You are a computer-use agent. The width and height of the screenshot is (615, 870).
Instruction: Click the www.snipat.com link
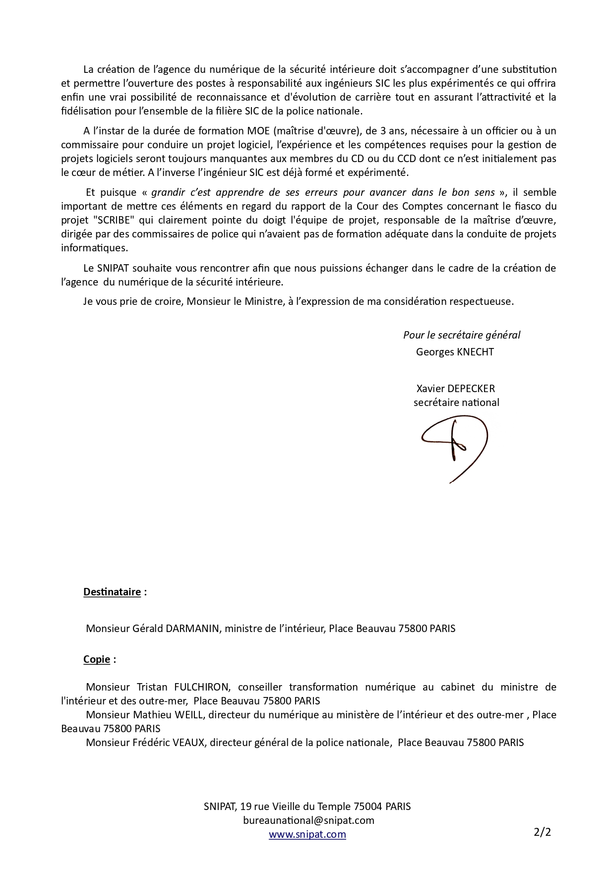(307, 834)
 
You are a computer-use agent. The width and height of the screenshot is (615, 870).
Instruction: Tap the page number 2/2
(542, 832)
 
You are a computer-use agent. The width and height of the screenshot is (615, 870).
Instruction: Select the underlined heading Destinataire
(112, 592)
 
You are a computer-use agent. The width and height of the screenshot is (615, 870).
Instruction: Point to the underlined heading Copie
(97, 659)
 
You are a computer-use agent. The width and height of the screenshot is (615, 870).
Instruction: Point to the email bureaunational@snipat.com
(308, 820)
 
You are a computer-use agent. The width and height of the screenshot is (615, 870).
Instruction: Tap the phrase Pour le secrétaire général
(462, 335)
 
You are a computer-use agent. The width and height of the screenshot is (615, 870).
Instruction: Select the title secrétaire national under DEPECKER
(456, 403)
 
